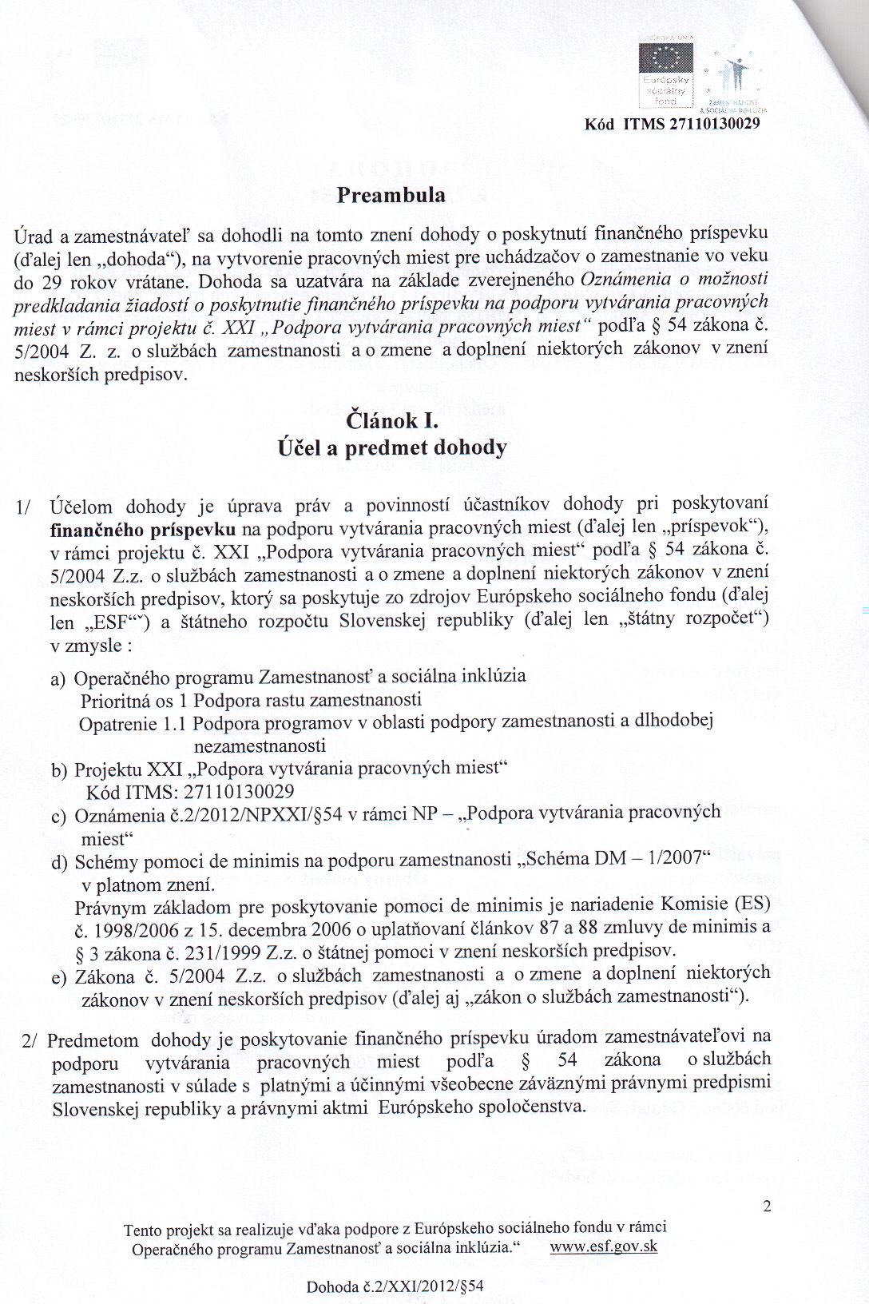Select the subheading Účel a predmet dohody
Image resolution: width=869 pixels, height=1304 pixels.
[x=391, y=447]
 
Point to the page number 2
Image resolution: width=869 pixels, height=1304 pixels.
[x=767, y=1207]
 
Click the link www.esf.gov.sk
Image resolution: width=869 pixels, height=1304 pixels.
[x=605, y=1246]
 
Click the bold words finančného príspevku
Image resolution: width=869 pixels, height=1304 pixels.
[x=143, y=529]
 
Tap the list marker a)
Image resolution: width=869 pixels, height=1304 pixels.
[x=58, y=679]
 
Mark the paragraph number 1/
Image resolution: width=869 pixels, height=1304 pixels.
[x=24, y=507]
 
